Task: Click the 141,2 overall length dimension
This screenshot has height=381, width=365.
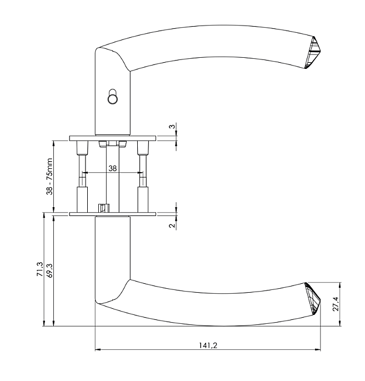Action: click(208, 345)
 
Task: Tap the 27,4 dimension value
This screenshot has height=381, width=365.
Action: click(336, 305)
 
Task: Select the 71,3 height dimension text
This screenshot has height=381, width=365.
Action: click(39, 269)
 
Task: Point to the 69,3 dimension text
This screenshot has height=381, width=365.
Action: click(49, 270)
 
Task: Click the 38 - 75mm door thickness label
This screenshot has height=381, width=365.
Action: click(49, 177)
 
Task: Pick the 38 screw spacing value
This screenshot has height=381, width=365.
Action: click(113, 168)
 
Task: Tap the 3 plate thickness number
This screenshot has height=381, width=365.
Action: click(172, 127)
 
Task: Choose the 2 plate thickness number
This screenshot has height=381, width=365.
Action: click(172, 225)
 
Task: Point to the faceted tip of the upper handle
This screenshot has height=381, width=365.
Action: click(312, 52)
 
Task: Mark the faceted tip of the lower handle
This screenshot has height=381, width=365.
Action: click(313, 299)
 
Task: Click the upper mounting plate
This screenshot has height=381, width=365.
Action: click(113, 138)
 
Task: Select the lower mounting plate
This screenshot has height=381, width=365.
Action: click(113, 214)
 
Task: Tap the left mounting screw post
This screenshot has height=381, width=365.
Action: click(82, 177)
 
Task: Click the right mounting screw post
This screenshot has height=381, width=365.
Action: click(143, 177)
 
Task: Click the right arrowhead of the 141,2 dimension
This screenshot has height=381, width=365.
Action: click(318, 350)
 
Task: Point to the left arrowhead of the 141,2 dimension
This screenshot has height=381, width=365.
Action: click(98, 350)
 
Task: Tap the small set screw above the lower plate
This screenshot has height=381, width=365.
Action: click(102, 208)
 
